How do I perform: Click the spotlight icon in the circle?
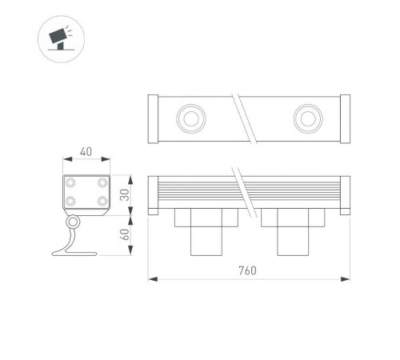[x=62, y=38]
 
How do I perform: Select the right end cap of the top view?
[x=345, y=119]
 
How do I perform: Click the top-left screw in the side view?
[x=70, y=183]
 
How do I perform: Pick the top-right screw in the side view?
[x=102, y=183]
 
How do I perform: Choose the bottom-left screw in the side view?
[x=70, y=202]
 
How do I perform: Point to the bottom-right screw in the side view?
[x=102, y=202]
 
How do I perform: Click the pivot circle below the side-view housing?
[x=73, y=222]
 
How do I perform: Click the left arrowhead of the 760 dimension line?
[x=153, y=279]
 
